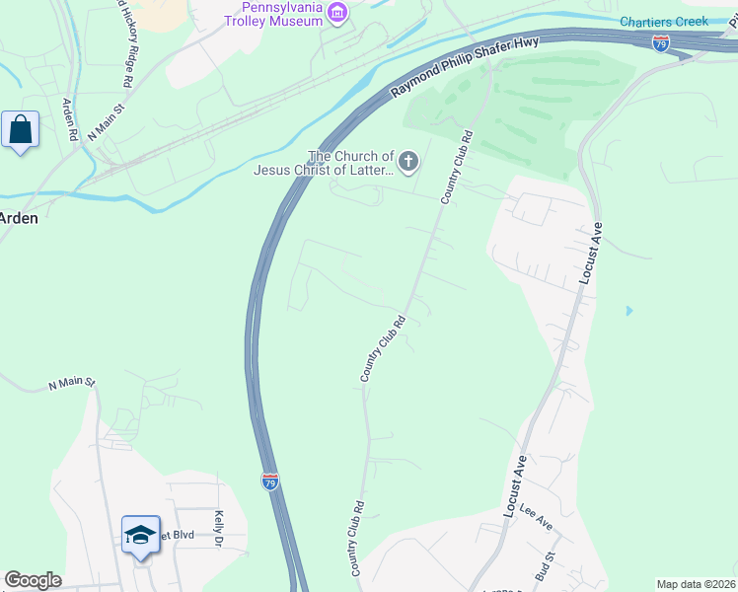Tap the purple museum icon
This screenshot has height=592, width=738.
[338, 12]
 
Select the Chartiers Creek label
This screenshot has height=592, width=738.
[663, 22]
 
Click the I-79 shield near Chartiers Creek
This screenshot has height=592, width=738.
[661, 43]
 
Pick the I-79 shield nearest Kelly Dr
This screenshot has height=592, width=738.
[270, 481]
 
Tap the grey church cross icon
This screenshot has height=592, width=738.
[408, 160]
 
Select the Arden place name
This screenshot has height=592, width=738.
[19, 218]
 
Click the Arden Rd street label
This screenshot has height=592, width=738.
[69, 119]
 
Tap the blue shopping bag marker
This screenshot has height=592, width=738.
[21, 129]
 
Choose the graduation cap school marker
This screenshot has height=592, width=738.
[140, 534]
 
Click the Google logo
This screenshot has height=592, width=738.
[33, 580]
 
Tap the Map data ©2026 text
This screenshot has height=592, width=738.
[696, 584]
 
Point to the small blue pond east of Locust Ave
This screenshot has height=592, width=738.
[629, 311]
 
